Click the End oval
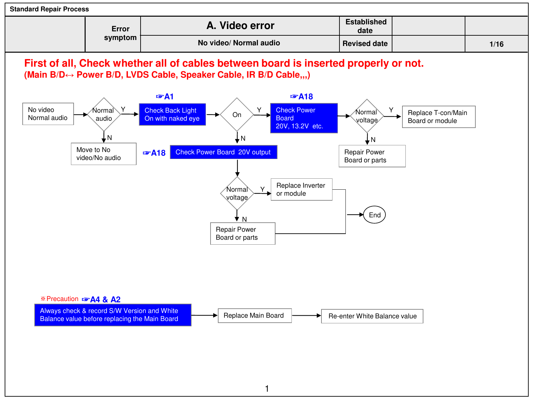(374, 214)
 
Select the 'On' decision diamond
(237, 114)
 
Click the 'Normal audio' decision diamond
(104, 114)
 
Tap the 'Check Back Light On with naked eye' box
(172, 114)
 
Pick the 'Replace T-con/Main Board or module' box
(438, 117)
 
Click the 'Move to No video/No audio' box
(104, 154)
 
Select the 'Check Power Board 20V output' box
(224, 152)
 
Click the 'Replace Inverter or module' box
(301, 189)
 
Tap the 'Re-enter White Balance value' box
(372, 316)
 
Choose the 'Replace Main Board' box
(255, 315)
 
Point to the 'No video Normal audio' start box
(48, 114)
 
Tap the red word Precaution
(62, 299)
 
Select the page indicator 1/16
(496, 44)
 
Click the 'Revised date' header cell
(365, 43)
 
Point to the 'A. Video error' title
(240, 26)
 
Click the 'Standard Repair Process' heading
(49, 9)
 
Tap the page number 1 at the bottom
(266, 389)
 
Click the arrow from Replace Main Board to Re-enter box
(306, 315)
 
